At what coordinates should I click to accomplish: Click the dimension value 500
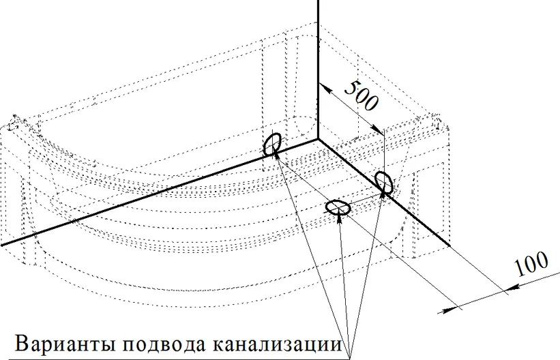click(x=361, y=95)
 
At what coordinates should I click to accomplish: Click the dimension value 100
click(x=531, y=264)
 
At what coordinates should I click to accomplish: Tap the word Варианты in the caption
click(x=65, y=344)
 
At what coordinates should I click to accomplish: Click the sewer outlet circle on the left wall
click(x=272, y=144)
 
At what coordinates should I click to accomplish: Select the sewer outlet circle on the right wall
click(x=384, y=183)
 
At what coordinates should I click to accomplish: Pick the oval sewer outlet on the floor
click(x=338, y=207)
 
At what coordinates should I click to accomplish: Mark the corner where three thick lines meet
click(x=317, y=139)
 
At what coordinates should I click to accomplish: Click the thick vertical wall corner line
click(x=317, y=70)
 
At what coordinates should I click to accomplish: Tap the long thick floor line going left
click(x=159, y=192)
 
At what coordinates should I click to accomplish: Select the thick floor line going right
click(x=383, y=193)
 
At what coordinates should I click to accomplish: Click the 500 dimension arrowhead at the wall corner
click(x=324, y=88)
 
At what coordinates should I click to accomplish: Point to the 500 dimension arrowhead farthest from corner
click(x=377, y=130)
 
